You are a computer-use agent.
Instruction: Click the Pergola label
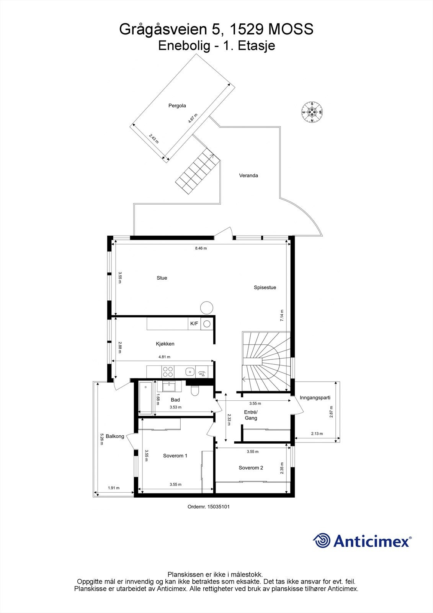point(177,106)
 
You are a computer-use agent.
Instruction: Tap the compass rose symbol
point(312,112)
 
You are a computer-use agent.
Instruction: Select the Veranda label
point(248,175)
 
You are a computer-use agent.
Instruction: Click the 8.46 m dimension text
point(201,248)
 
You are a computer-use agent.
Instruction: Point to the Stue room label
point(162,278)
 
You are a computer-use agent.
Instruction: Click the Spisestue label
point(265,287)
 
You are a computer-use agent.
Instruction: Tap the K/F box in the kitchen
point(194,324)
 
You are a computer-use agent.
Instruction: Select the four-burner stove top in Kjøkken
point(167,372)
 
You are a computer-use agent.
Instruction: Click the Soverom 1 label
point(175,456)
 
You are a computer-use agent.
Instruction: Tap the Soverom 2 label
point(251,468)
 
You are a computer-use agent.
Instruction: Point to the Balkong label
point(115,436)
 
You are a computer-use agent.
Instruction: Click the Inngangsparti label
point(315,397)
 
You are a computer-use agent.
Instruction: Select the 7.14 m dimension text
point(282,315)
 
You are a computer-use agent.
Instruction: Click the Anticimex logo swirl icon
point(321,541)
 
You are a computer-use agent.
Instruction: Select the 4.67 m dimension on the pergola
point(193,118)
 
